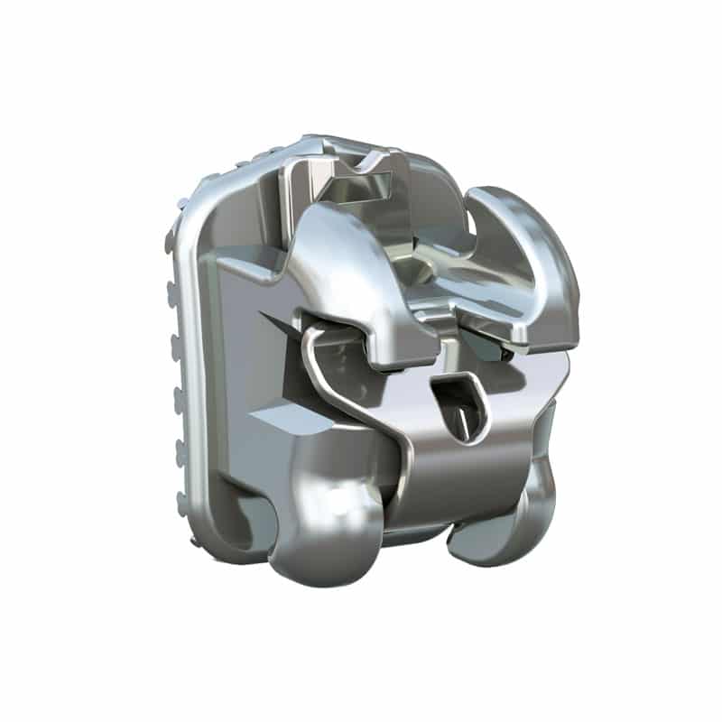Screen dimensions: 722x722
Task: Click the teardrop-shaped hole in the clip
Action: coord(458,404)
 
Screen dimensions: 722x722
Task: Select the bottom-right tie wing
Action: coord(505,523)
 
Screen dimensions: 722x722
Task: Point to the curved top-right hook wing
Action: coord(532,262)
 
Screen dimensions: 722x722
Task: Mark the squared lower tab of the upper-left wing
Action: coord(397,347)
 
